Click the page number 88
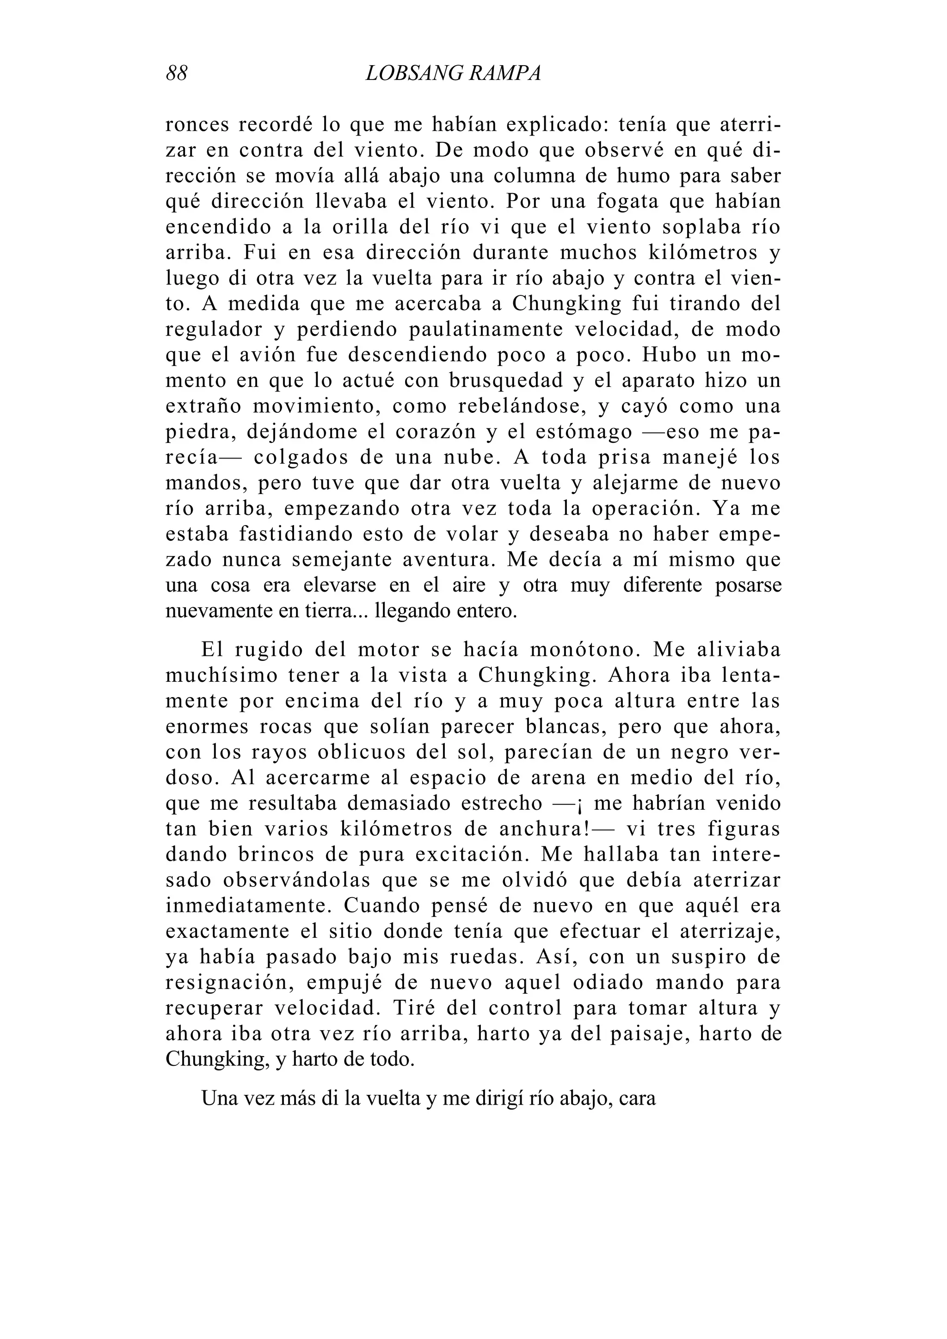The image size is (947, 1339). pyautogui.click(x=177, y=74)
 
